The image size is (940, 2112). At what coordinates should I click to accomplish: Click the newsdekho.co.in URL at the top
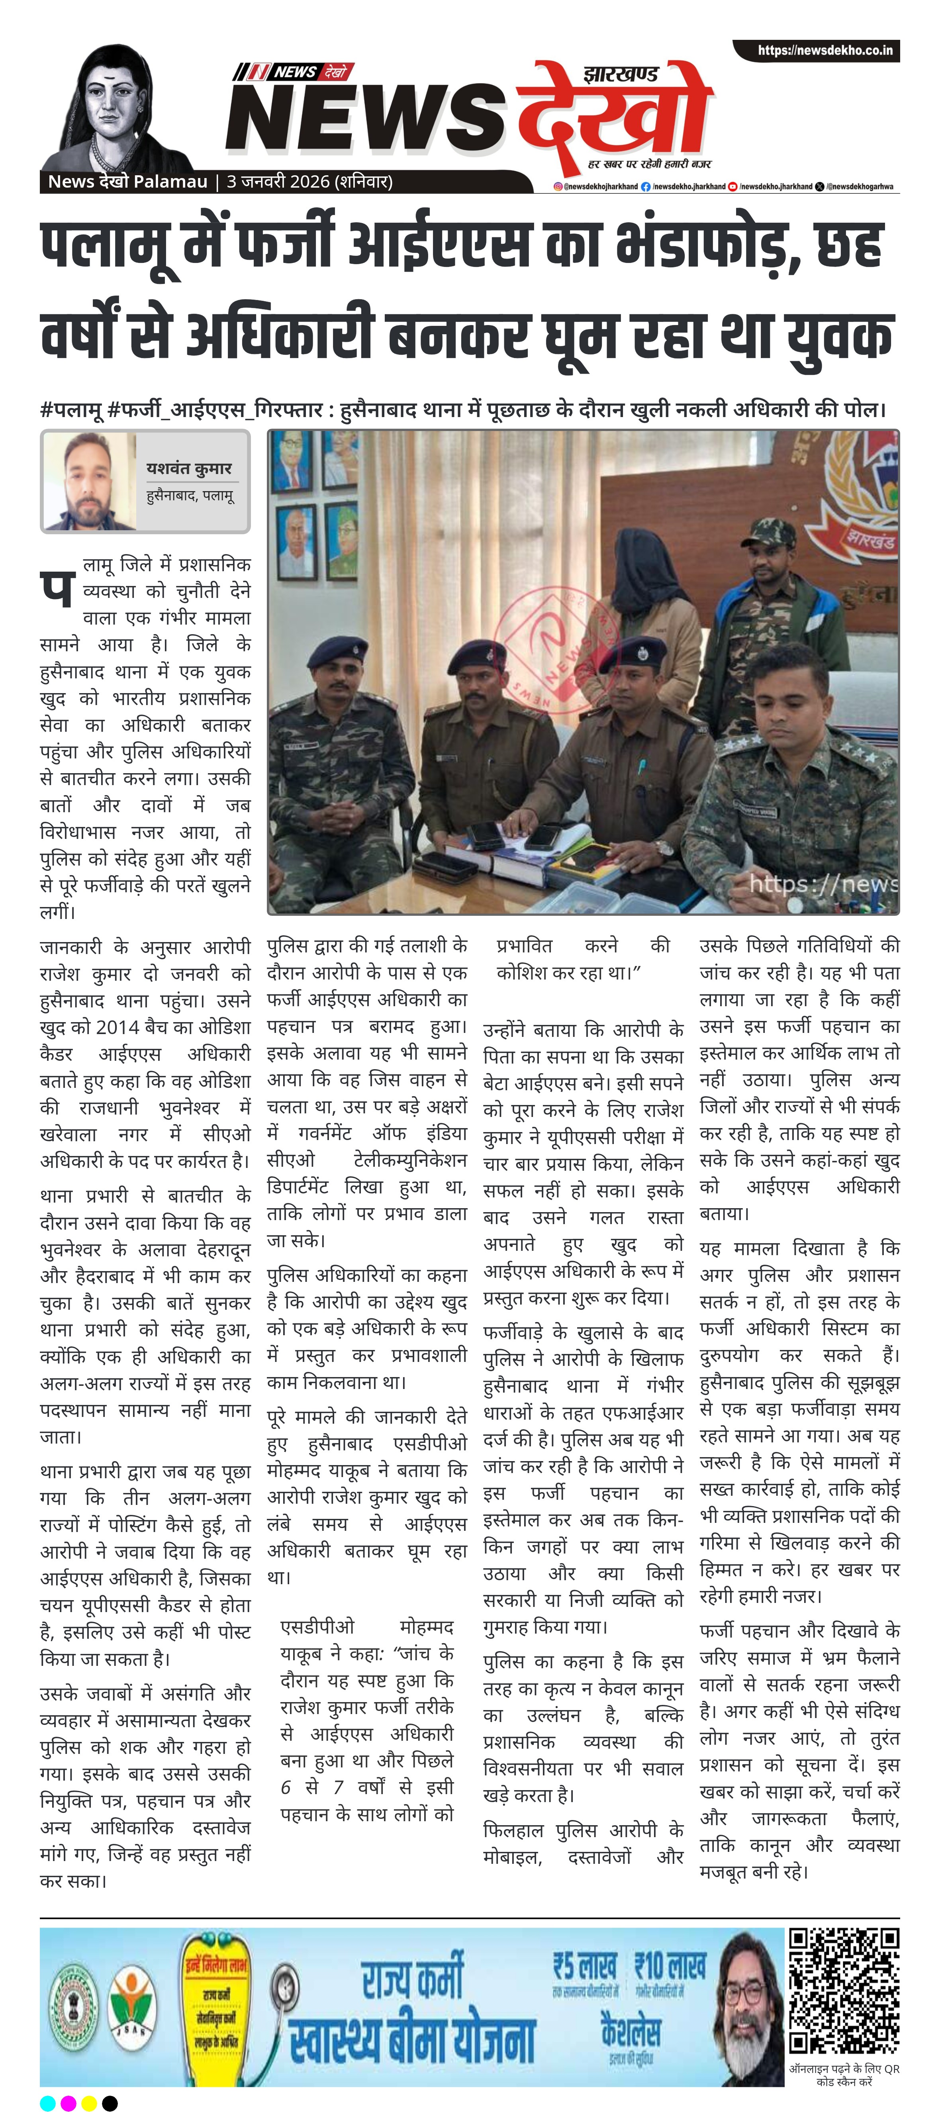point(824,51)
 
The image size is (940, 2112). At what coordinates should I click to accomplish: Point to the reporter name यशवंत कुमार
point(189,468)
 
